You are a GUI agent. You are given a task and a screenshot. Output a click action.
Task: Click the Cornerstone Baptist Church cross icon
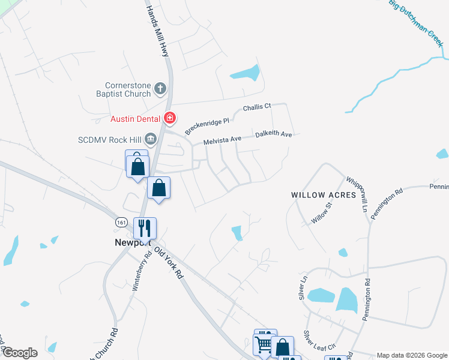pos(160,89)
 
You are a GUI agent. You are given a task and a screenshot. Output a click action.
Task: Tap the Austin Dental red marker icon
pos(170,118)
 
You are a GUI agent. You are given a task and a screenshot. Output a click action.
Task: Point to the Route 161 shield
pos(121,221)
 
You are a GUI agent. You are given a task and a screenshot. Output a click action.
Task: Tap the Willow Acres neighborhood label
pos(324,195)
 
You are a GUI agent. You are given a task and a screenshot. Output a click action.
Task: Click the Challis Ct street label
pos(257,107)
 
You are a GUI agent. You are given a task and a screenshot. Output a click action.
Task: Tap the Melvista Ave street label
pos(222,139)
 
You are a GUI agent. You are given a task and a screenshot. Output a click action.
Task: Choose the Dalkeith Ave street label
pos(273,134)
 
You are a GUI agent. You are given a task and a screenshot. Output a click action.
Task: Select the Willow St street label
pos(321,214)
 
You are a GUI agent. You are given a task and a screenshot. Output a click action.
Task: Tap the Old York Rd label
pos(169,263)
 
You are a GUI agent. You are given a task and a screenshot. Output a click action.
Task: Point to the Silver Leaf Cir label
pos(319,343)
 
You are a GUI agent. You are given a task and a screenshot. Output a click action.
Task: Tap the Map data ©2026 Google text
pos(412,355)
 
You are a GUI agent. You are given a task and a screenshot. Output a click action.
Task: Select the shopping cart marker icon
pos(264,344)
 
